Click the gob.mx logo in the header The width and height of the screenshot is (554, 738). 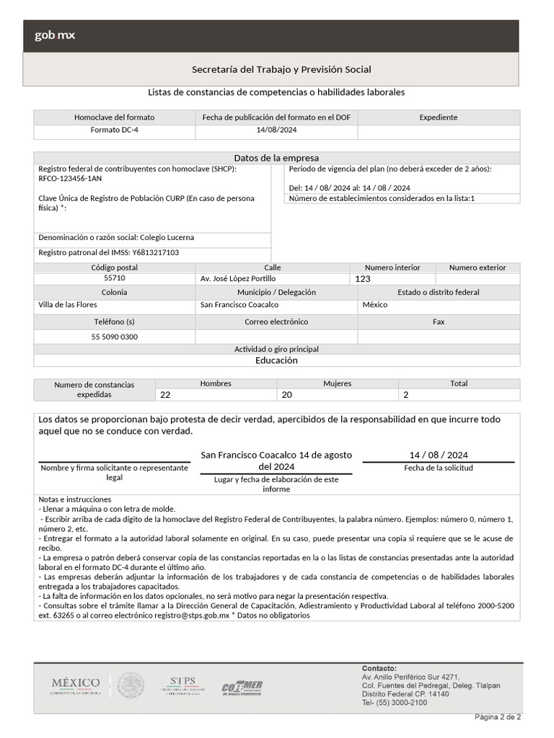tap(55, 35)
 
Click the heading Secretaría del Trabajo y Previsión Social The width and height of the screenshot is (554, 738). tap(281, 69)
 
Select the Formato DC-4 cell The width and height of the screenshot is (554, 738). tap(114, 130)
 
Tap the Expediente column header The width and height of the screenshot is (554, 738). tap(438, 117)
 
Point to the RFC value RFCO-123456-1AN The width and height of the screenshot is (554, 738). tap(70, 178)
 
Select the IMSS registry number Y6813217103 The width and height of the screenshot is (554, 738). tap(155, 252)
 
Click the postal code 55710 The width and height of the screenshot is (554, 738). tap(114, 278)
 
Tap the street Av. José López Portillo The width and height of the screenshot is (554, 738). tap(237, 278)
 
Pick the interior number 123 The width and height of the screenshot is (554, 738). tap(362, 279)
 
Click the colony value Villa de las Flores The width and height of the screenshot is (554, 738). tap(67, 304)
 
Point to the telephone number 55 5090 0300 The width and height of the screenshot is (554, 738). tap(114, 337)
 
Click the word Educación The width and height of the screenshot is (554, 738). tap(276, 360)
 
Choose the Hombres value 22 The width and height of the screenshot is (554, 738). tap(165, 395)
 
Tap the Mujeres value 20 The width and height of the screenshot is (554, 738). tap(286, 395)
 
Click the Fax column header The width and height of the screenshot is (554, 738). tap(438, 321)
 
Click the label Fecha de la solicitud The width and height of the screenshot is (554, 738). tap(438, 468)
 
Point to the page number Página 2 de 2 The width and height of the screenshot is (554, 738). tap(497, 717)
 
